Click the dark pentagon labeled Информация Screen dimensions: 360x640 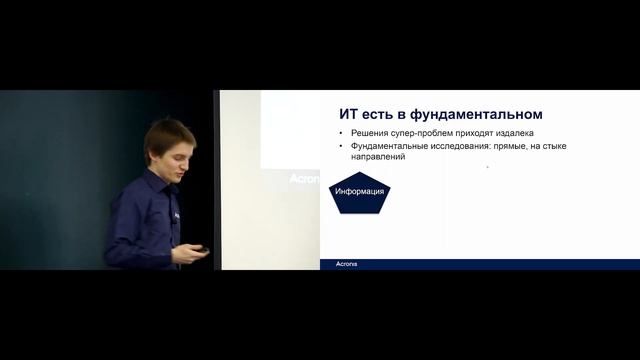pyautogui.click(x=359, y=192)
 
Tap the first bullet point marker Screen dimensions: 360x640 pyautogui.click(x=341, y=133)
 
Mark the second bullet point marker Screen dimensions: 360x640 pyautogui.click(x=341, y=146)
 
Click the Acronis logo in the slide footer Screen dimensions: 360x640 pyautogui.click(x=345, y=264)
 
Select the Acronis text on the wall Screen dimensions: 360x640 pyautogui.click(x=303, y=179)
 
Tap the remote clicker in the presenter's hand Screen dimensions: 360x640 pyautogui.click(x=199, y=250)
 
